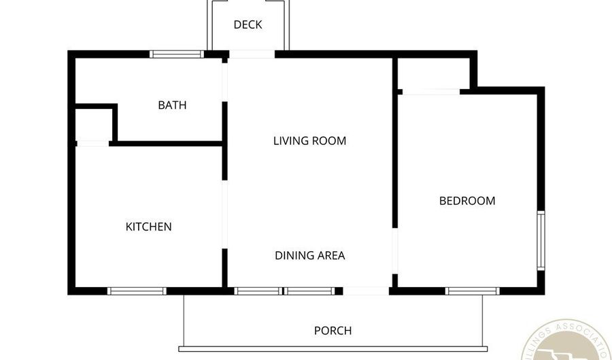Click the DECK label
248,25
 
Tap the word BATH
172,105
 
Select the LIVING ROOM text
309,142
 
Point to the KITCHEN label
148,227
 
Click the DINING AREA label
309,256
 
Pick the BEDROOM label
466,201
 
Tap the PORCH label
333,331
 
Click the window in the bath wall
177,54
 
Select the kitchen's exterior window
137,291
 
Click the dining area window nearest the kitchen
257,291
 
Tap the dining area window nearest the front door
309,291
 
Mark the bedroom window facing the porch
472,291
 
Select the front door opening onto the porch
366,291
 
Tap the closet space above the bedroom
431,73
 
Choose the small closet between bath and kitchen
94,125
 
